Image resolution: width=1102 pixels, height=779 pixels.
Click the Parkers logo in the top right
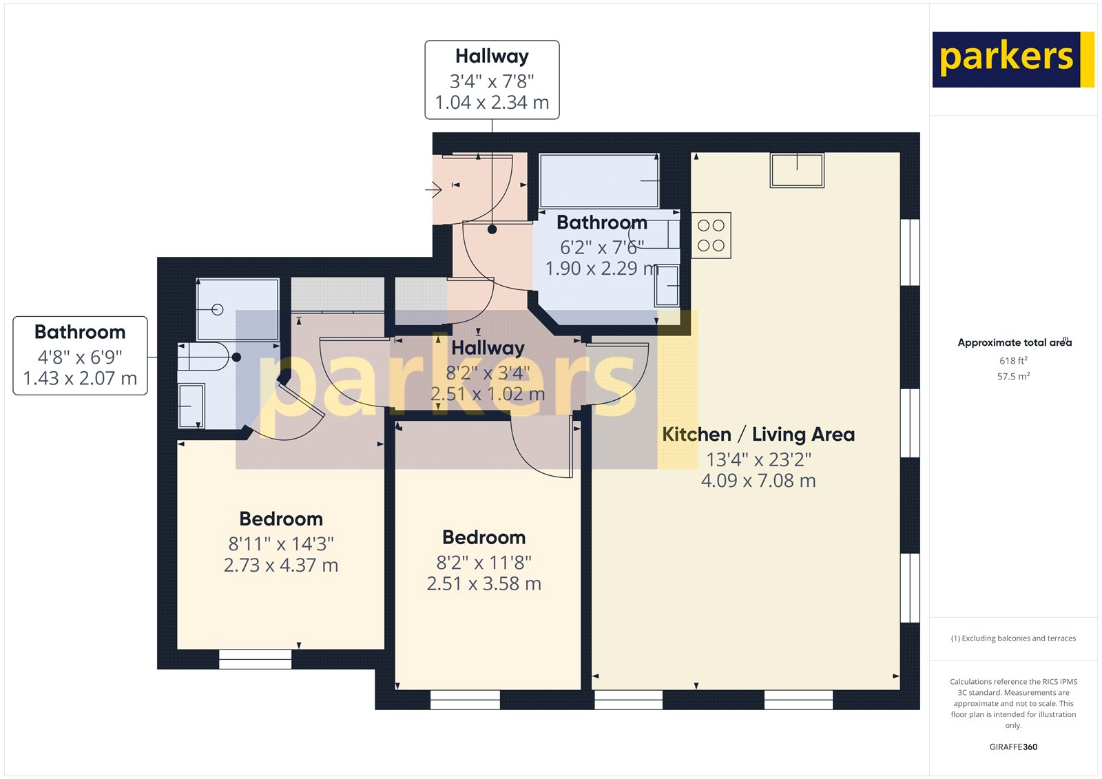click(x=1012, y=59)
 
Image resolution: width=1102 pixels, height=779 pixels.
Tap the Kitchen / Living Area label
click(x=758, y=435)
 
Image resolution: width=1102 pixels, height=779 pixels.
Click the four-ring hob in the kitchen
click(x=711, y=236)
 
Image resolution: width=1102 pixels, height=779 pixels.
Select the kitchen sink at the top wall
click(x=797, y=170)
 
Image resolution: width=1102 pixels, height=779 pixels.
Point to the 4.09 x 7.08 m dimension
click(x=758, y=481)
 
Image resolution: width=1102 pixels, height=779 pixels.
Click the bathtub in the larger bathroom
click(x=599, y=180)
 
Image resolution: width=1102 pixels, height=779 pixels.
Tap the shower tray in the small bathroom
click(x=238, y=309)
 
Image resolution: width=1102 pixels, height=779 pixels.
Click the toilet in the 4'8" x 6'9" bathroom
click(x=204, y=357)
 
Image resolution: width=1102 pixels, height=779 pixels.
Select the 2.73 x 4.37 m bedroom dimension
click(x=281, y=565)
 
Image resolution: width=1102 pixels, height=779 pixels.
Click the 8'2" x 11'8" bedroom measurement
click(x=484, y=562)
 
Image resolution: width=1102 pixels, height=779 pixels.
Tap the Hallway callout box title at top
click(x=492, y=56)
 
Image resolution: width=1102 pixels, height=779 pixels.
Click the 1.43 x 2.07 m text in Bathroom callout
click(x=80, y=378)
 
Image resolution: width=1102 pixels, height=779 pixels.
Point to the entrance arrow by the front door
click(x=433, y=189)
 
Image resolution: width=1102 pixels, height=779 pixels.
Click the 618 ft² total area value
click(x=1013, y=361)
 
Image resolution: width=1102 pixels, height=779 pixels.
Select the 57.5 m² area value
click(x=1013, y=377)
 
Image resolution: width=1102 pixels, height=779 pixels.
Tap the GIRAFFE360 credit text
click(x=1013, y=747)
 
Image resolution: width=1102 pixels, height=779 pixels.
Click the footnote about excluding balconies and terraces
click(x=1013, y=638)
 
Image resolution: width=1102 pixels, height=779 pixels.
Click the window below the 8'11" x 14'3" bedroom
click(x=255, y=659)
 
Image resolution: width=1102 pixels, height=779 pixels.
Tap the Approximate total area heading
click(x=1013, y=342)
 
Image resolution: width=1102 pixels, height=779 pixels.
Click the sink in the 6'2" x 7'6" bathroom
click(x=667, y=285)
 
